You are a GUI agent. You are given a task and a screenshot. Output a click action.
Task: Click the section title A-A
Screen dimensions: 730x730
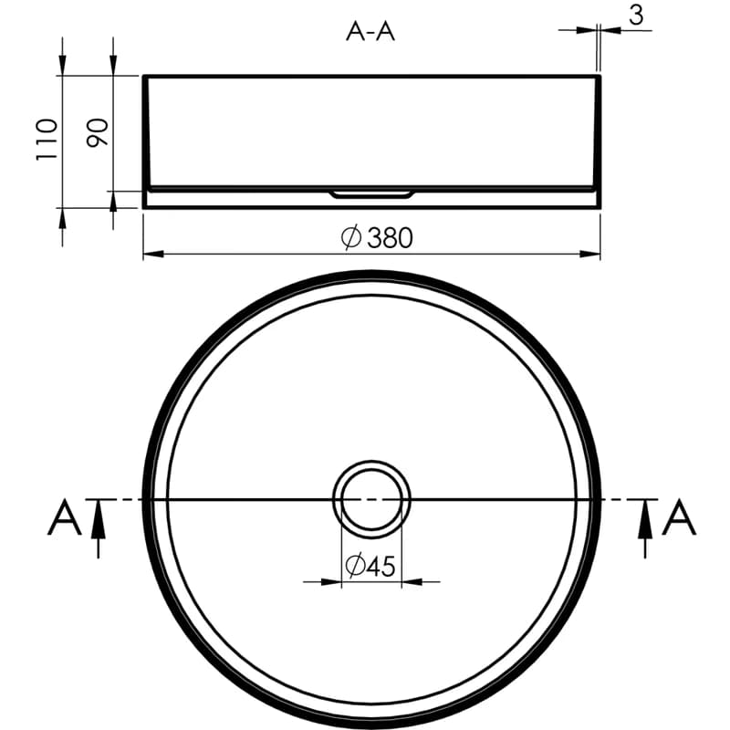point(370,32)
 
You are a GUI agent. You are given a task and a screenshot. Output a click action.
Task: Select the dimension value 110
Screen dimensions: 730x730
point(47,140)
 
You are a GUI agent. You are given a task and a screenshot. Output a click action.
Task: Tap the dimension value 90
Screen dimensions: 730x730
point(98,132)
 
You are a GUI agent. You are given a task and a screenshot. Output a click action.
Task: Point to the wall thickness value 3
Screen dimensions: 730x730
point(636,15)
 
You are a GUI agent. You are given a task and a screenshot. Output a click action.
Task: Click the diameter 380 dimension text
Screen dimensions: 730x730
point(377,237)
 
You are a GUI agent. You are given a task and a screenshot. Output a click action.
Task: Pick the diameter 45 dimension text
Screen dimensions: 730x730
point(370,566)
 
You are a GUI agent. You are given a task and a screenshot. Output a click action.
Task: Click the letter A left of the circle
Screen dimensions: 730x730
point(64,516)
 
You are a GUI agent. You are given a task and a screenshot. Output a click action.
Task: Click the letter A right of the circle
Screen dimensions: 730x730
point(679,516)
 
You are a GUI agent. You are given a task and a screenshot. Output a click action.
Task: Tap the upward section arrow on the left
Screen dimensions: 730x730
point(98,528)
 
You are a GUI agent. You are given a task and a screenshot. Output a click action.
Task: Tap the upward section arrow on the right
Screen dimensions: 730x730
point(645,528)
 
